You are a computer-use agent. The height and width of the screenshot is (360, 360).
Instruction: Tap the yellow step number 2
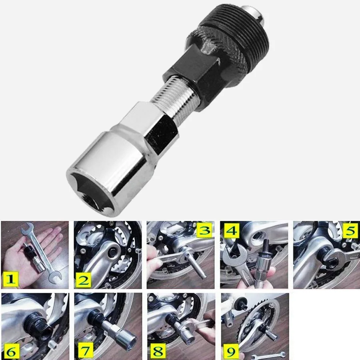tap(83, 280)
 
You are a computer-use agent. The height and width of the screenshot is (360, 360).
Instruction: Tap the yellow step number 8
tap(158, 351)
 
